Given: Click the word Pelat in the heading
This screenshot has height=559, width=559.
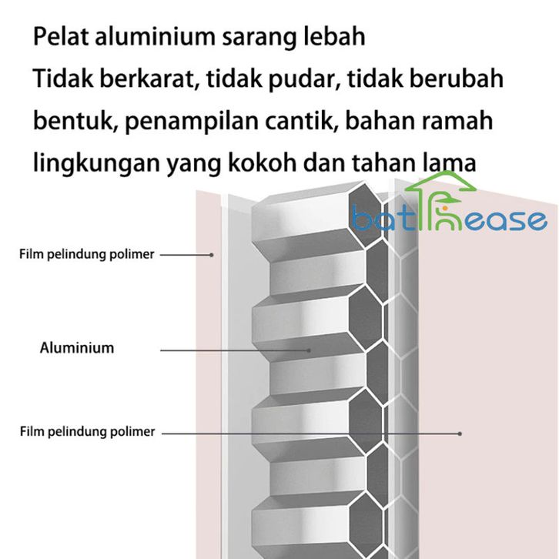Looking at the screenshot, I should click(59, 37).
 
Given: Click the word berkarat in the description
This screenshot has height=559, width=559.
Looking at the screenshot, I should click(147, 79).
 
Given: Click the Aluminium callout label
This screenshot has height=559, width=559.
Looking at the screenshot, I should click(77, 348).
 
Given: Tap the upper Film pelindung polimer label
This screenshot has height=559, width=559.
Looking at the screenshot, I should click(87, 254).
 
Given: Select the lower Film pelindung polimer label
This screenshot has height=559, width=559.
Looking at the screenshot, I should click(87, 432).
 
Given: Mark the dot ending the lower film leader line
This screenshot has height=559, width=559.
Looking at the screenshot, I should click(460, 433).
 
